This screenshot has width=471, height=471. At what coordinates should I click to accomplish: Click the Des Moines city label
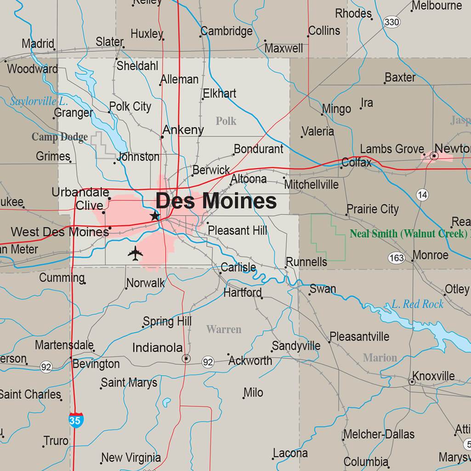[216, 201]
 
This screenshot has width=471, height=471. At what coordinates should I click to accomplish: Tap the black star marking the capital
[155, 216]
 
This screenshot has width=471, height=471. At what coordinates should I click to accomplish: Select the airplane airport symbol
[136, 253]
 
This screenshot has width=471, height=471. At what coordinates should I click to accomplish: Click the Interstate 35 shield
[75, 419]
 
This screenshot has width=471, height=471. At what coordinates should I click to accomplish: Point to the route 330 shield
[392, 22]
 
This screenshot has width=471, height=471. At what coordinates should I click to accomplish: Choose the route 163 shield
[396, 258]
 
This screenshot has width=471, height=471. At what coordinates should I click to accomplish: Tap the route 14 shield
[423, 195]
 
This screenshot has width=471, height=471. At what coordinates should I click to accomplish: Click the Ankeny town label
[183, 130]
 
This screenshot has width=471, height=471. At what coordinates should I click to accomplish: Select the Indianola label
[157, 348]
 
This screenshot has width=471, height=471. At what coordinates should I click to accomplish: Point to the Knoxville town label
[433, 376]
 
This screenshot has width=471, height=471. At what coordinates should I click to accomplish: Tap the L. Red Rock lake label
[417, 304]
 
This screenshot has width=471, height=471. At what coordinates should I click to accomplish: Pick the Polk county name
[226, 121]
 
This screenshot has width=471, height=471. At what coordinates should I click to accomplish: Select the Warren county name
[224, 329]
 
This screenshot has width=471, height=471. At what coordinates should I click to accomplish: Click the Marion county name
[380, 357]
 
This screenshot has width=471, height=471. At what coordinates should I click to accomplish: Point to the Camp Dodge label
[60, 137]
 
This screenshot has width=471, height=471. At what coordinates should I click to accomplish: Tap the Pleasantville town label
[359, 337]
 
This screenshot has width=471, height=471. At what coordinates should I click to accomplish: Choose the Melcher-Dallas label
[379, 434]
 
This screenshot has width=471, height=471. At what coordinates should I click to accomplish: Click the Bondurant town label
[259, 149]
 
